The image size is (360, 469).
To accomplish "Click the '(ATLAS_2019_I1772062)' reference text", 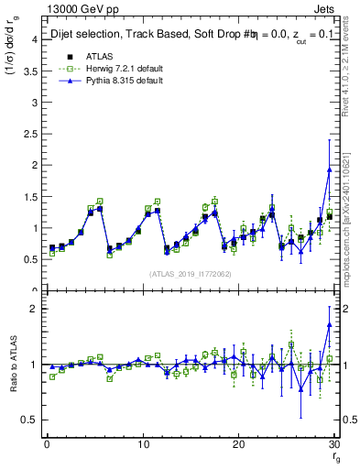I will pos(191,273).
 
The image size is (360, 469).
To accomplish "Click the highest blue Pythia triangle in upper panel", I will pos(329,169).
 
